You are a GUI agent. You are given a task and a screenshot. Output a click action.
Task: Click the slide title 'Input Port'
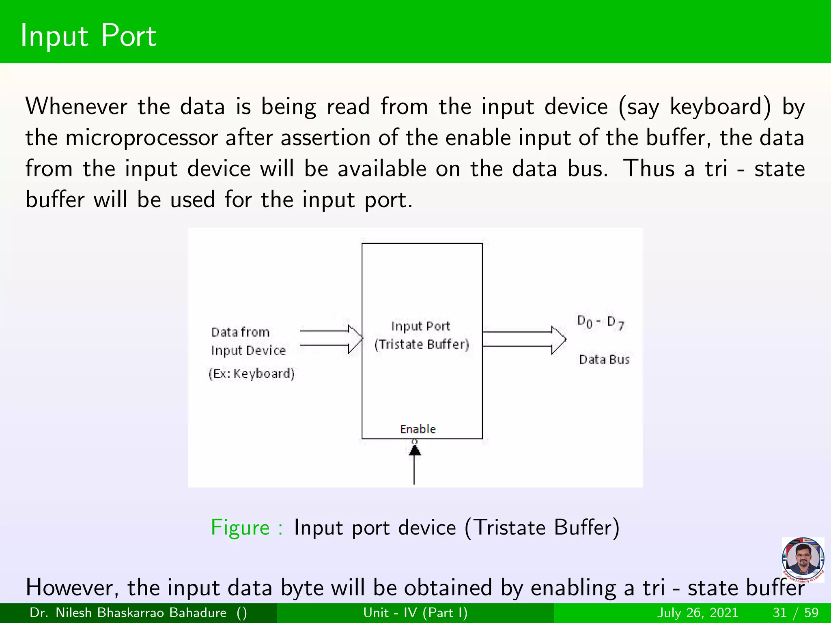[88, 36]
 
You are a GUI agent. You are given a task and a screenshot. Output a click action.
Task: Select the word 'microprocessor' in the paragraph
[142, 138]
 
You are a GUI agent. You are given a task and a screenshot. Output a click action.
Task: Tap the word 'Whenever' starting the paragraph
[76, 107]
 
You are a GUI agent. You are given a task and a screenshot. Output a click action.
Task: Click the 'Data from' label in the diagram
[240, 332]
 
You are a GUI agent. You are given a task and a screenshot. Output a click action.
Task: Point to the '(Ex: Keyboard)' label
[252, 373]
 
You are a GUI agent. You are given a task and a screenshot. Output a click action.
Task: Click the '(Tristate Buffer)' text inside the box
[422, 344]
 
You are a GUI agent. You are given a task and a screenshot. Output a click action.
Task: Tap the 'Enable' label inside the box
[418, 429]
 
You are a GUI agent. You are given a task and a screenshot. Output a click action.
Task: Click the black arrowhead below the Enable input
[414, 450]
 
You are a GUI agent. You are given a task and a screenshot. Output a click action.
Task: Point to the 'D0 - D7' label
[601, 323]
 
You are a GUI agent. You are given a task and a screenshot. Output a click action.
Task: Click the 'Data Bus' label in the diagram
[604, 359]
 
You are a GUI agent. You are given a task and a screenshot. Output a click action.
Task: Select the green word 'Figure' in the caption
[240, 528]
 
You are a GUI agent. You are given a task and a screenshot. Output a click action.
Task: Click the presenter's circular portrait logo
[803, 560]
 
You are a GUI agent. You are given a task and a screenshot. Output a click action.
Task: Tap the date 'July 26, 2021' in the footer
[698, 612]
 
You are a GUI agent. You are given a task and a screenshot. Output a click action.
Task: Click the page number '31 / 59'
[796, 612]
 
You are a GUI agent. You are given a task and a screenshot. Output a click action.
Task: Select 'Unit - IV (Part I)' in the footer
[415, 612]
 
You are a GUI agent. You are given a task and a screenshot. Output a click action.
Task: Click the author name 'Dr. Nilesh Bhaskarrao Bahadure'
[128, 612]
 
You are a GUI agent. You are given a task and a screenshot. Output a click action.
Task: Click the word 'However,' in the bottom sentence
[72, 588]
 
